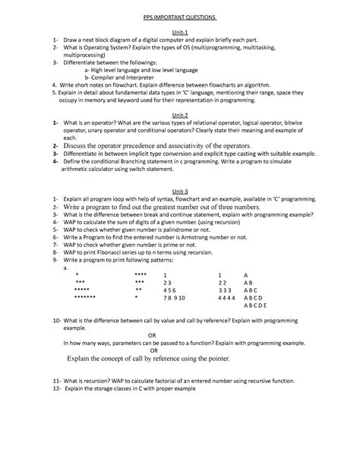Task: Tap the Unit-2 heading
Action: coord(180,117)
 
